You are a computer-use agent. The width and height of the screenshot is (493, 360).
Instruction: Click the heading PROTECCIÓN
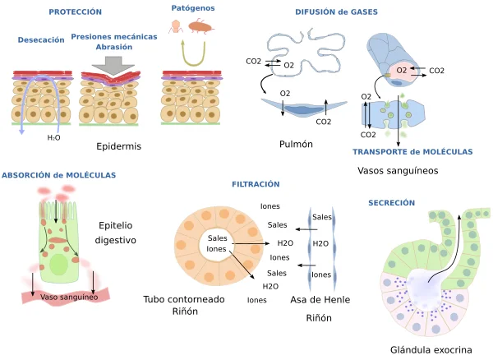tap(75, 12)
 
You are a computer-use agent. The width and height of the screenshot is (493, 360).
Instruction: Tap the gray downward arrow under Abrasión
tap(113, 66)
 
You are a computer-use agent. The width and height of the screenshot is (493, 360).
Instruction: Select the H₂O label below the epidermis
tap(53, 138)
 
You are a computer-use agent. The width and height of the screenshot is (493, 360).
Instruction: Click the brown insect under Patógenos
tap(201, 26)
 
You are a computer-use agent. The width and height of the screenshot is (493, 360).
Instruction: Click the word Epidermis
tap(119, 146)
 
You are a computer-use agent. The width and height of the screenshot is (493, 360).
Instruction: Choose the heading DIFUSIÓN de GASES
tap(336, 12)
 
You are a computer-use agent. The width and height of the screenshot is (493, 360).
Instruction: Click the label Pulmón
tap(296, 144)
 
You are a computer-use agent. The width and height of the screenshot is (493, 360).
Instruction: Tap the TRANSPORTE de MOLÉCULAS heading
tap(412, 152)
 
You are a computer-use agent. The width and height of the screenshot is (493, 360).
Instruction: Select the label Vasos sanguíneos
tap(398, 171)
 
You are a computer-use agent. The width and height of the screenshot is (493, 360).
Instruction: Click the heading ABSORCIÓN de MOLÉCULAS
tap(59, 175)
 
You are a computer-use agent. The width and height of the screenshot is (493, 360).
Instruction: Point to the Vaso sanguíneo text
tap(69, 297)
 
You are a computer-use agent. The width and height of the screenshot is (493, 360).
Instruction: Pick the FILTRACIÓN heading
tap(256, 184)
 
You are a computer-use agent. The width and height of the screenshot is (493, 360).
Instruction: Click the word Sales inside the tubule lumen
tap(217, 238)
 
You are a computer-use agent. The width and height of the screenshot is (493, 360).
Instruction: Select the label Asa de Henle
tap(320, 300)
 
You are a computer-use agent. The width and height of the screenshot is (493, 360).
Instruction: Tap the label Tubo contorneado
tap(184, 299)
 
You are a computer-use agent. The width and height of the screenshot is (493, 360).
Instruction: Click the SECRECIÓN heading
tap(391, 203)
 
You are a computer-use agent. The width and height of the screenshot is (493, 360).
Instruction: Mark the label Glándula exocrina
tap(431, 349)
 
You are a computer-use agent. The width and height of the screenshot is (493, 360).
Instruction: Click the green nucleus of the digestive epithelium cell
tap(59, 265)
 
